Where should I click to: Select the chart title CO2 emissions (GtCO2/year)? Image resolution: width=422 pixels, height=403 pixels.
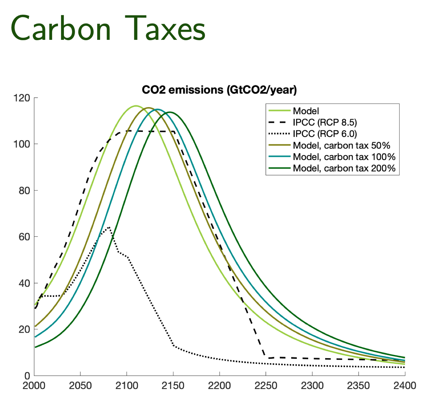point(219,90)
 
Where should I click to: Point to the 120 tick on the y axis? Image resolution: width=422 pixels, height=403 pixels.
point(21,98)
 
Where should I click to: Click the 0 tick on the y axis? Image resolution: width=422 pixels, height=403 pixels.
point(27,376)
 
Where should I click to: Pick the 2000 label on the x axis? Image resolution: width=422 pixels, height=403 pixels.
point(34,386)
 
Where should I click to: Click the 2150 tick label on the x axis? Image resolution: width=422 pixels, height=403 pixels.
point(173,386)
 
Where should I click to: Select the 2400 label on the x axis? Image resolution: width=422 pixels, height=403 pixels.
point(405,386)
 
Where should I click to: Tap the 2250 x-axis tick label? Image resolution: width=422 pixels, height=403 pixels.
point(266,386)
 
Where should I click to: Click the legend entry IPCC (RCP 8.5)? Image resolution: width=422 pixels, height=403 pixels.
point(325,122)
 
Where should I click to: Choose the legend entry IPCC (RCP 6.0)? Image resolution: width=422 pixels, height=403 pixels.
point(325,134)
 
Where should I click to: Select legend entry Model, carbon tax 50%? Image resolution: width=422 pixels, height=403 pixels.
point(341,145)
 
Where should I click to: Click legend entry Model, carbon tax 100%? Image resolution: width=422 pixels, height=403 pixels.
point(344,157)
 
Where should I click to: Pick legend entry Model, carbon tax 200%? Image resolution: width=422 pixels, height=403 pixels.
point(344,168)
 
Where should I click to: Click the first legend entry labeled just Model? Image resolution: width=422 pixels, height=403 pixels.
point(306,111)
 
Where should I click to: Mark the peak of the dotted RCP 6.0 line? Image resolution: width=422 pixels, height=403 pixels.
point(109,227)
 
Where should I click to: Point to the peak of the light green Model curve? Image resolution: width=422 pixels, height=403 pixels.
point(136,106)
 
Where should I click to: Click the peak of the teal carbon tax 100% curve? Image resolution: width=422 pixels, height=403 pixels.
point(157,109)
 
